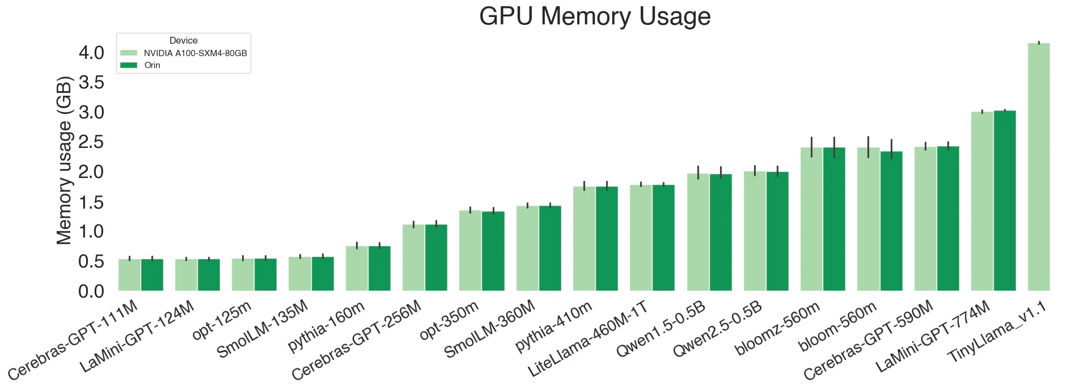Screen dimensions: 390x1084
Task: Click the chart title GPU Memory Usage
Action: (x=595, y=16)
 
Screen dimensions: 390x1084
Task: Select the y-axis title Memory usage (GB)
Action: (x=64, y=160)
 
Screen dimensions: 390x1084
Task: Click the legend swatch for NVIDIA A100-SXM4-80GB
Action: (x=129, y=53)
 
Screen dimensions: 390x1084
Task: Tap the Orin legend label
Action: (x=152, y=65)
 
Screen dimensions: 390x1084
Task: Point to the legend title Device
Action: (x=183, y=41)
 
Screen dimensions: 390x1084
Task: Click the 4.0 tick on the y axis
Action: (x=91, y=53)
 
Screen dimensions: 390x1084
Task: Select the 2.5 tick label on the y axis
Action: (x=91, y=142)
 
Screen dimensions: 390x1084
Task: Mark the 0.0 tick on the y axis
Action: (x=91, y=291)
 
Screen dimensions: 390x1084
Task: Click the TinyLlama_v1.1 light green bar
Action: (x=1039, y=167)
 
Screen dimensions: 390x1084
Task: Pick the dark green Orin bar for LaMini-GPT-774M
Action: (x=1005, y=201)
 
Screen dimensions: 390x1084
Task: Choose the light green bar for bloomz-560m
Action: (x=811, y=219)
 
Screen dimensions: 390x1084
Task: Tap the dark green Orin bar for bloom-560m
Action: (x=891, y=221)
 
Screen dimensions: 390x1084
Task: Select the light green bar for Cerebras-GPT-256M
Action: (x=413, y=258)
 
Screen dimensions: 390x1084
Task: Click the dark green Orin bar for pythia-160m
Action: (x=379, y=269)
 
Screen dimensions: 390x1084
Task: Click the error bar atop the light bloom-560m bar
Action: (x=868, y=147)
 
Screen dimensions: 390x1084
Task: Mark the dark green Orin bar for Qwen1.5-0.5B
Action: (x=721, y=232)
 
